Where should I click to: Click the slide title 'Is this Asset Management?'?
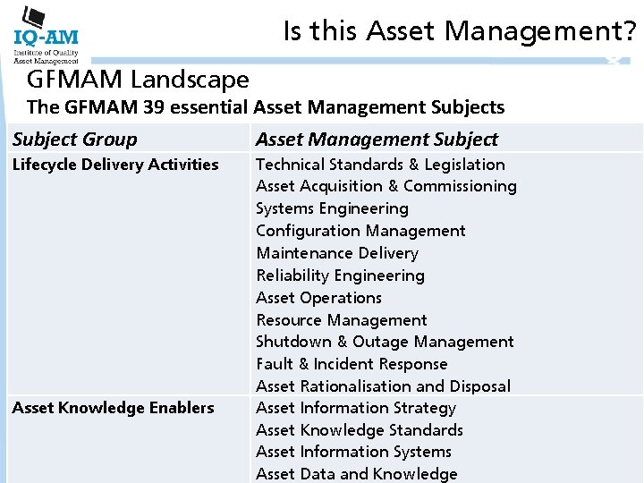point(460,31)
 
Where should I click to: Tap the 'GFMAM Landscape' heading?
point(138,79)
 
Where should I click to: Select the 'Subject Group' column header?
point(75,139)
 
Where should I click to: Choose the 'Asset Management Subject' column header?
point(377,139)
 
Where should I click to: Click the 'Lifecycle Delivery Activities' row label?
point(115,164)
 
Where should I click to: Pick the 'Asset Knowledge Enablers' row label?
point(113,408)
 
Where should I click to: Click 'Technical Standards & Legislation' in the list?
point(380,165)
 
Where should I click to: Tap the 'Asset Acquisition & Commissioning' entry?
point(386,186)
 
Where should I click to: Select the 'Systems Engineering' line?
point(332,208)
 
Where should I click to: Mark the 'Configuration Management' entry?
point(360,231)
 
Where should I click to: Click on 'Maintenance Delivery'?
point(337,253)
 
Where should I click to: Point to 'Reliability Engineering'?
point(340,275)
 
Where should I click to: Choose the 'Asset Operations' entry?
point(318,298)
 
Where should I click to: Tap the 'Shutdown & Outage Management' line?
point(385,342)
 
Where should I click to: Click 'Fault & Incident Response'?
point(352,364)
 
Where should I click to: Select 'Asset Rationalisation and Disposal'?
point(383,386)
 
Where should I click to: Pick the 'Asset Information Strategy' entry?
point(356,408)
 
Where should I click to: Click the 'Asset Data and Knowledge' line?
point(356,474)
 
